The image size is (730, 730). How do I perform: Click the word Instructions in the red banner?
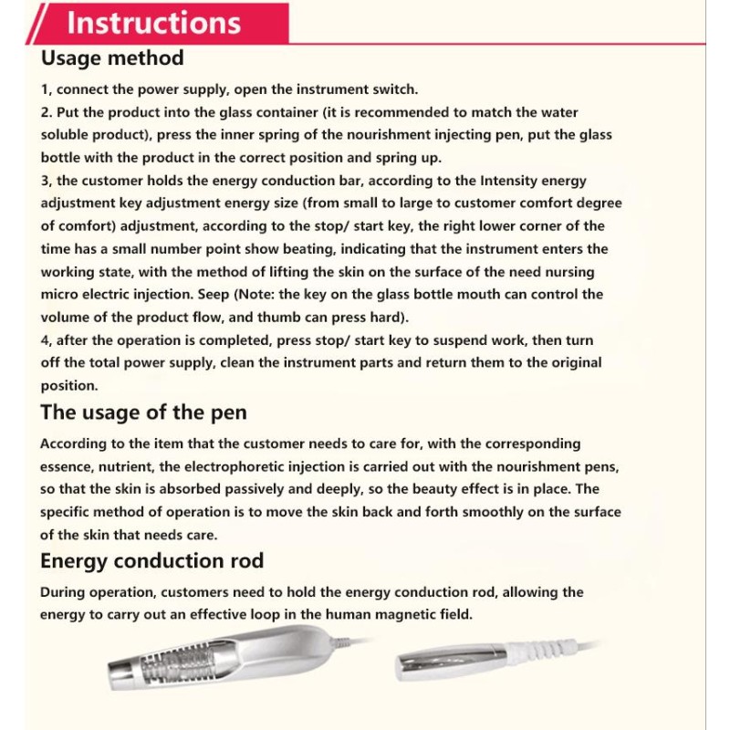coord(154,23)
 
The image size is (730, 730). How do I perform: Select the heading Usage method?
coord(112,58)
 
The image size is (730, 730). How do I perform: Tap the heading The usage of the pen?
coord(143,412)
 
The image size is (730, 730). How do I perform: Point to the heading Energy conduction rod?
coord(151,560)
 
